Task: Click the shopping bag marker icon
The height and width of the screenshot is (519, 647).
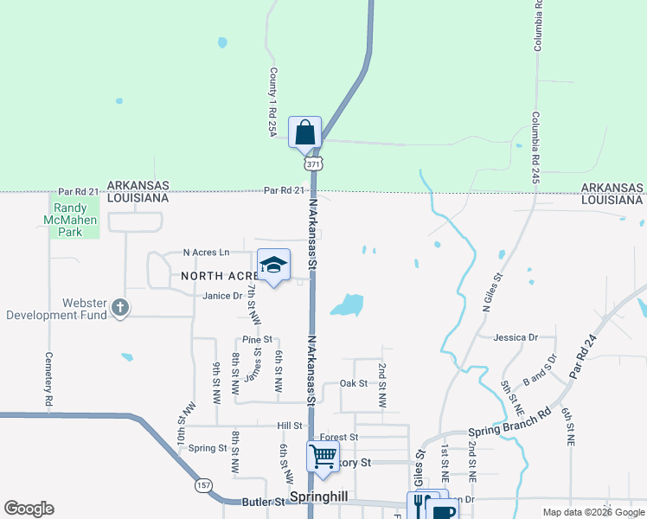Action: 304,133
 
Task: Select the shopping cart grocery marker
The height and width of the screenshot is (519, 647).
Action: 323,456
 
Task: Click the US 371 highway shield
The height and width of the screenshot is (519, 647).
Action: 312,163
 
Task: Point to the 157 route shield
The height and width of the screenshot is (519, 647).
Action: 202,485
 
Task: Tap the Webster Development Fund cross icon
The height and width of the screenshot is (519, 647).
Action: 120,307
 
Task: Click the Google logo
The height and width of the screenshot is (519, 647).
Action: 29,509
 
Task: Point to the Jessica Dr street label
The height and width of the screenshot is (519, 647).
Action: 515,336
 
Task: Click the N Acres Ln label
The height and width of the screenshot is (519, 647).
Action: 206,253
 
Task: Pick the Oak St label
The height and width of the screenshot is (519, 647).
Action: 354,383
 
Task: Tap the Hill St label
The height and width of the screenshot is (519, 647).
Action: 289,426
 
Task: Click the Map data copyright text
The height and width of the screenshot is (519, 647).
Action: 592,512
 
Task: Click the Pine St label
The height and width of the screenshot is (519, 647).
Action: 257,340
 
